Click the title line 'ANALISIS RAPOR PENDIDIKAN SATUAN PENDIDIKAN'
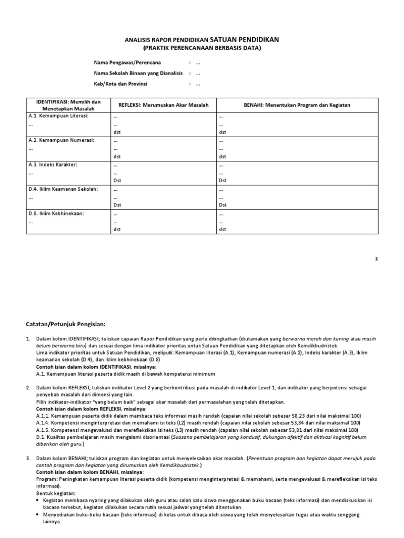click(x=201, y=39)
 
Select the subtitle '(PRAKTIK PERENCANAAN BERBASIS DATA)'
click(x=201, y=48)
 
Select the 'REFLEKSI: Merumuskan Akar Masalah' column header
click(x=160, y=105)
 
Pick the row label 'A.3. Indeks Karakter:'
click(x=53, y=164)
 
